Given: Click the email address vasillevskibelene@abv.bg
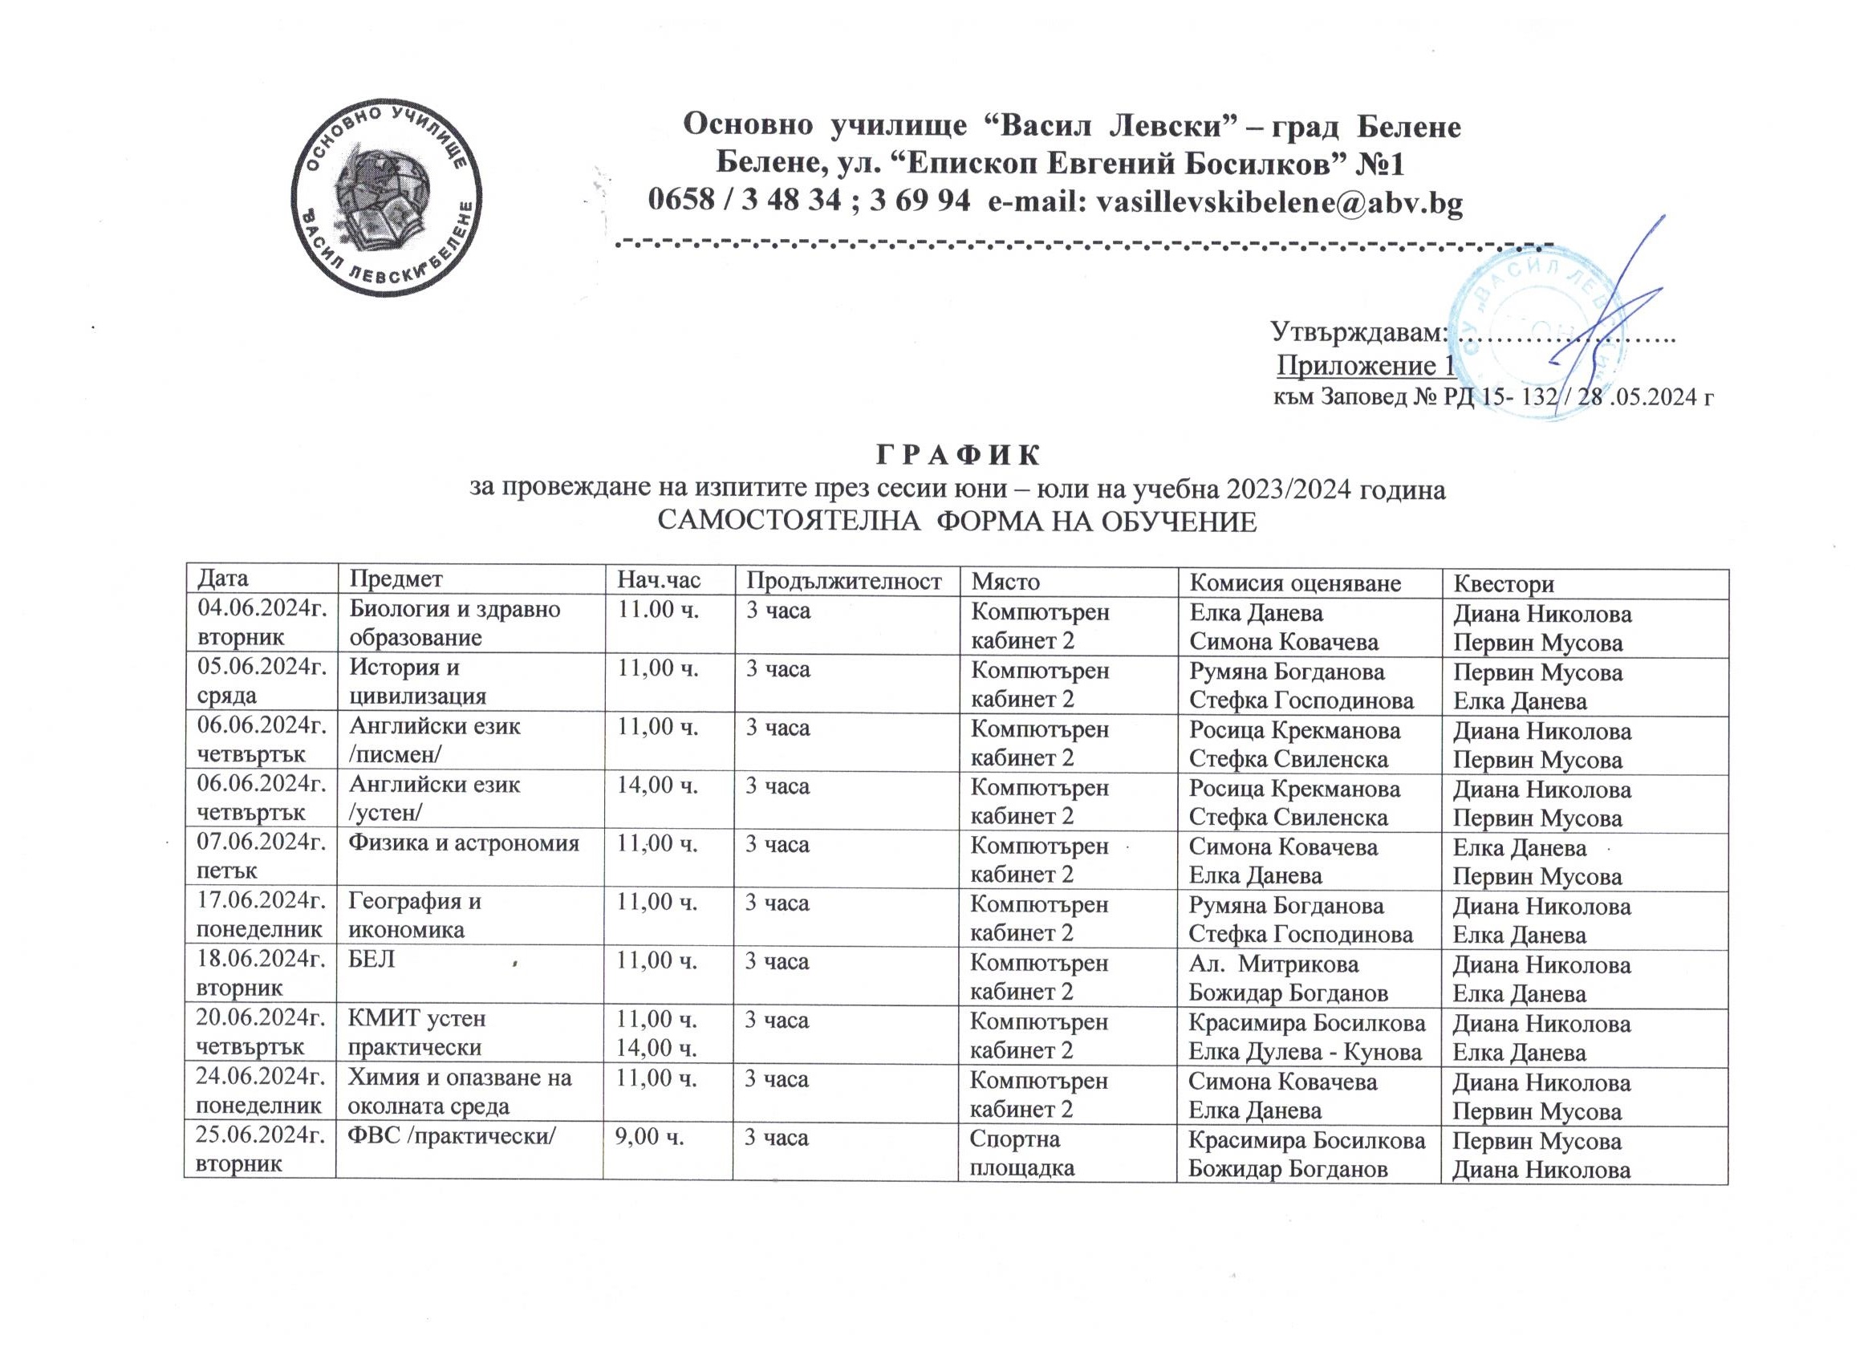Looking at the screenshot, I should tap(1279, 201).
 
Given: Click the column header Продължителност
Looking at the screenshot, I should tap(843, 582).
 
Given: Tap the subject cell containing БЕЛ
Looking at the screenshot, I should tap(373, 961).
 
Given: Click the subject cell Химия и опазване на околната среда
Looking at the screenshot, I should tap(460, 1094).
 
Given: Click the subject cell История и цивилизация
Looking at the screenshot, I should tap(418, 685).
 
